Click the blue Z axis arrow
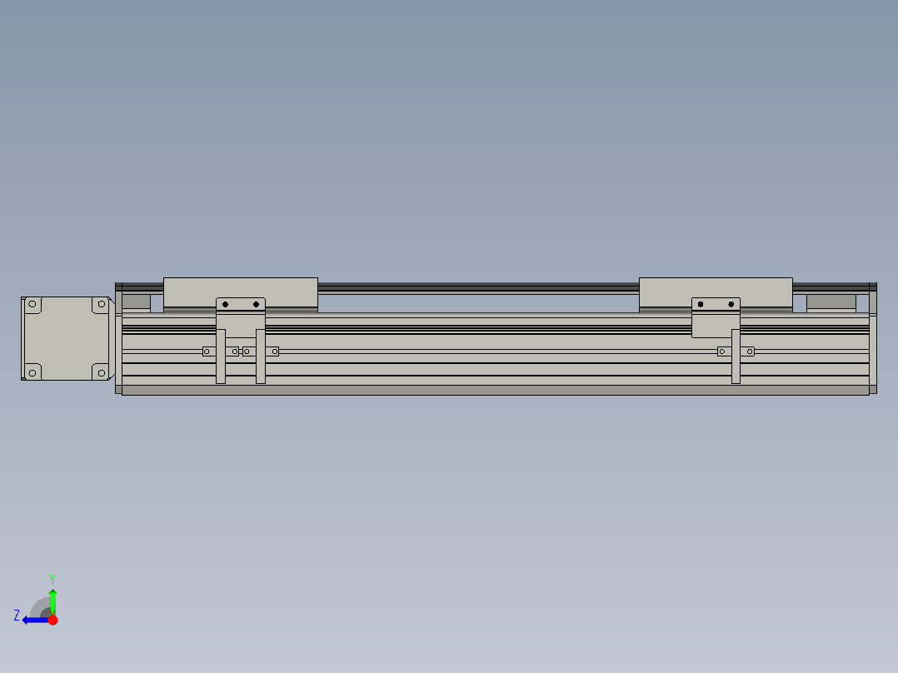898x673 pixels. tap(33, 620)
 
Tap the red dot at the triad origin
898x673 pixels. tap(52, 620)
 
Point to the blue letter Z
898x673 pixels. tap(17, 616)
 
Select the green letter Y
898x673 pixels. tap(52, 578)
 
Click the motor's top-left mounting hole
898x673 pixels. tap(33, 305)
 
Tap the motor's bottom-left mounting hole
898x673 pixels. tap(33, 371)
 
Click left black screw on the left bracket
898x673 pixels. tap(225, 304)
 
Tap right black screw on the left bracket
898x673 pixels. tap(256, 304)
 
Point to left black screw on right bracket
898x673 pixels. tap(701, 304)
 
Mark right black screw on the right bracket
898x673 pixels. tap(731, 304)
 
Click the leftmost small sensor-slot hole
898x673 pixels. tap(207, 351)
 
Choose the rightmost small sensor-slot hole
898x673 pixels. tap(750, 351)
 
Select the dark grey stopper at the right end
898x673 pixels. tap(831, 302)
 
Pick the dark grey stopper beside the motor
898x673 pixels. tap(136, 302)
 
